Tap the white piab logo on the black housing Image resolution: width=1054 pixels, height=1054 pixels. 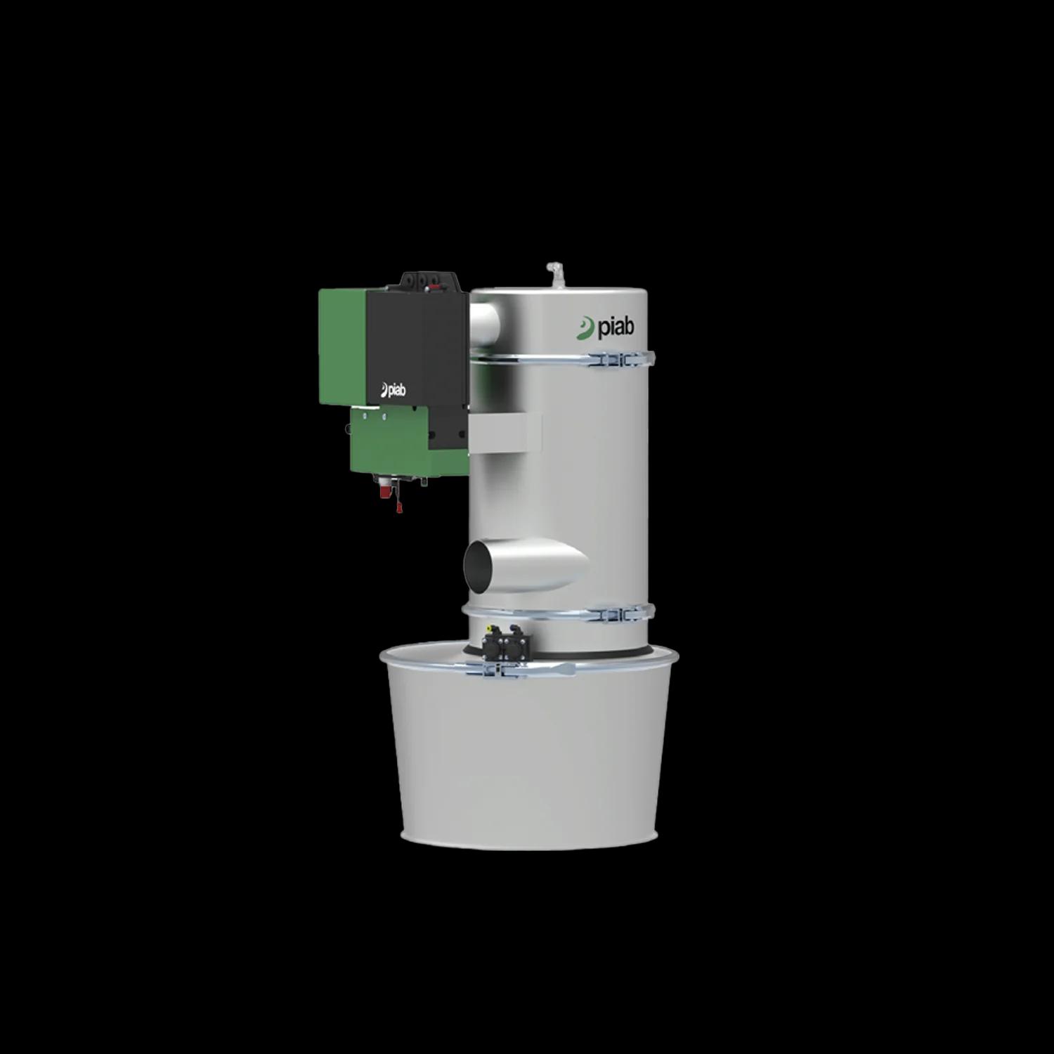pos(393,390)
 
